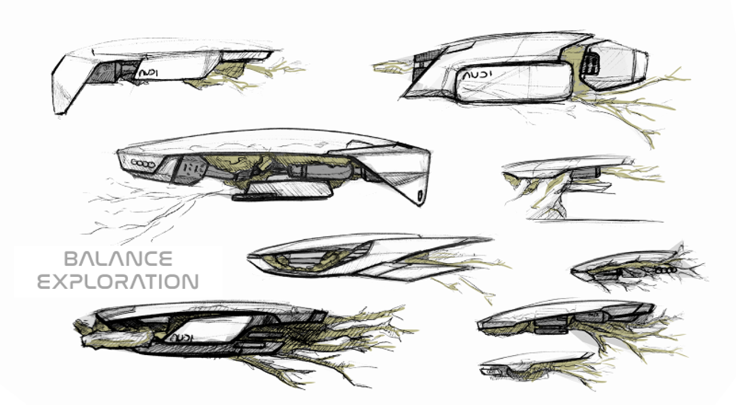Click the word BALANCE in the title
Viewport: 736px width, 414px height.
[x=118, y=259]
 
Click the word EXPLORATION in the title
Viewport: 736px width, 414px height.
[x=118, y=282]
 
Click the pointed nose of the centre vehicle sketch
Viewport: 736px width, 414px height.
[x=256, y=259]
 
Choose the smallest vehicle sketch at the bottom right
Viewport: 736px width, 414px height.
[x=535, y=363]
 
